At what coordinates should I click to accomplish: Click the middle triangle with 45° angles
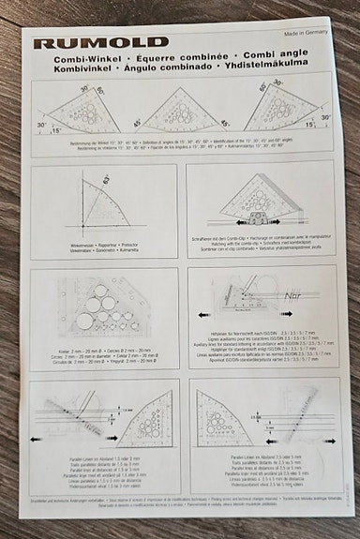coord(180,112)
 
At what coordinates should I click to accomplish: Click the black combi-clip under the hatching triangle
coord(260,225)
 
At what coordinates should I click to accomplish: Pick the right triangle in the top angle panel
coord(277,110)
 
